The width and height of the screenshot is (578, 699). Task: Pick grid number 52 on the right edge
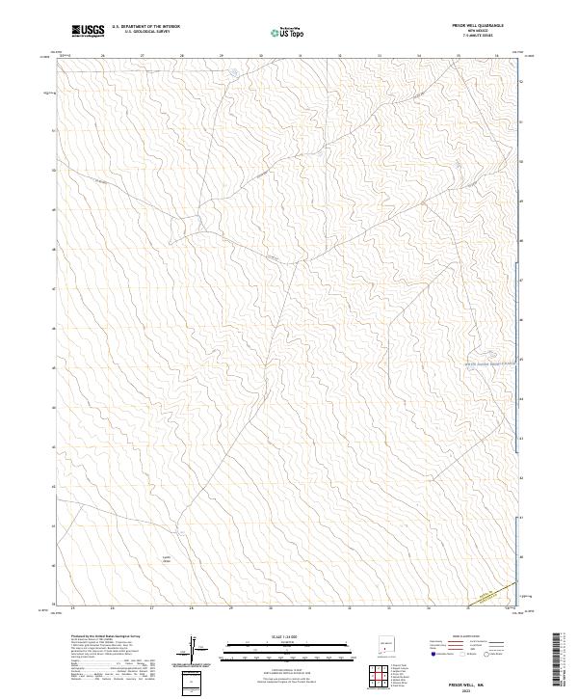[x=521, y=82]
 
